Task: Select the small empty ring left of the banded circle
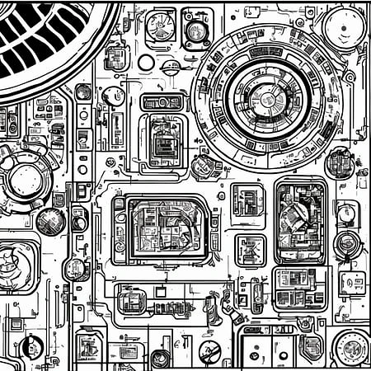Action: [x=146, y=62]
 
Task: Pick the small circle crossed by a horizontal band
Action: [x=171, y=67]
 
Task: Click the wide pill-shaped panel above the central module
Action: [x=162, y=102]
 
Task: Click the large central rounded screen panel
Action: [x=162, y=228]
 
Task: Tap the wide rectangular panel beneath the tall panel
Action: [x=300, y=286]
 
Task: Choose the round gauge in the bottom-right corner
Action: [x=352, y=347]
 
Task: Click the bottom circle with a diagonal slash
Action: [x=210, y=352]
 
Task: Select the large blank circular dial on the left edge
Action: [x=27, y=177]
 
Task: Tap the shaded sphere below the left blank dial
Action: [x=50, y=220]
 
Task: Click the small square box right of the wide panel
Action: [x=352, y=283]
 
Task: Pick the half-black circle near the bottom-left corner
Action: [x=33, y=347]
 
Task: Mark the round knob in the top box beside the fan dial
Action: [x=196, y=30]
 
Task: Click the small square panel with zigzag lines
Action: [x=250, y=250]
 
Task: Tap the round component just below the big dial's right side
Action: [x=339, y=162]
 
